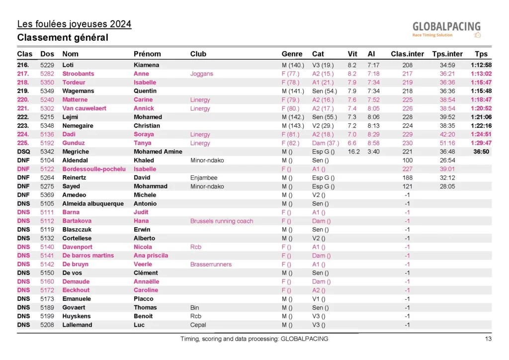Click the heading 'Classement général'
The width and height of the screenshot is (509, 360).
coord(63,38)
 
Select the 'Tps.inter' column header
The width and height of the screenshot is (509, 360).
coord(447,54)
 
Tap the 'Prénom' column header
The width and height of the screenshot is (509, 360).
coord(147,54)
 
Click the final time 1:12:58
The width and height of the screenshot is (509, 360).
coord(481,65)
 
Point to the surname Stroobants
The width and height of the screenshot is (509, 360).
coord(78,74)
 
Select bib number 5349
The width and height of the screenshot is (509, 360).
coord(47,91)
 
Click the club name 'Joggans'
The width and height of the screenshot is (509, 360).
coord(201,74)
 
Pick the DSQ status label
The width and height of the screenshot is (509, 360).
coord(24,152)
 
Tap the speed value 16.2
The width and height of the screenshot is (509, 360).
coord(353,152)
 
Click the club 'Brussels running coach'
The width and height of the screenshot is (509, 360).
coord(222,221)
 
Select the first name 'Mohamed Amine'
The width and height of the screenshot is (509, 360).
coord(158,152)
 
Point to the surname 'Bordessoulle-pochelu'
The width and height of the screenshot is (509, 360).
coord(94,169)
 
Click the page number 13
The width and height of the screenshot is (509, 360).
coord(488,339)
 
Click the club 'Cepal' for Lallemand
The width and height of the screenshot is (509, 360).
coord(198,325)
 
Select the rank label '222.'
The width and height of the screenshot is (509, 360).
coord(23,117)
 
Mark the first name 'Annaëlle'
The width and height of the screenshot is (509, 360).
coord(146,281)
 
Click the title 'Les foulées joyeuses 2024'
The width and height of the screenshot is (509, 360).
coord(74,24)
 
